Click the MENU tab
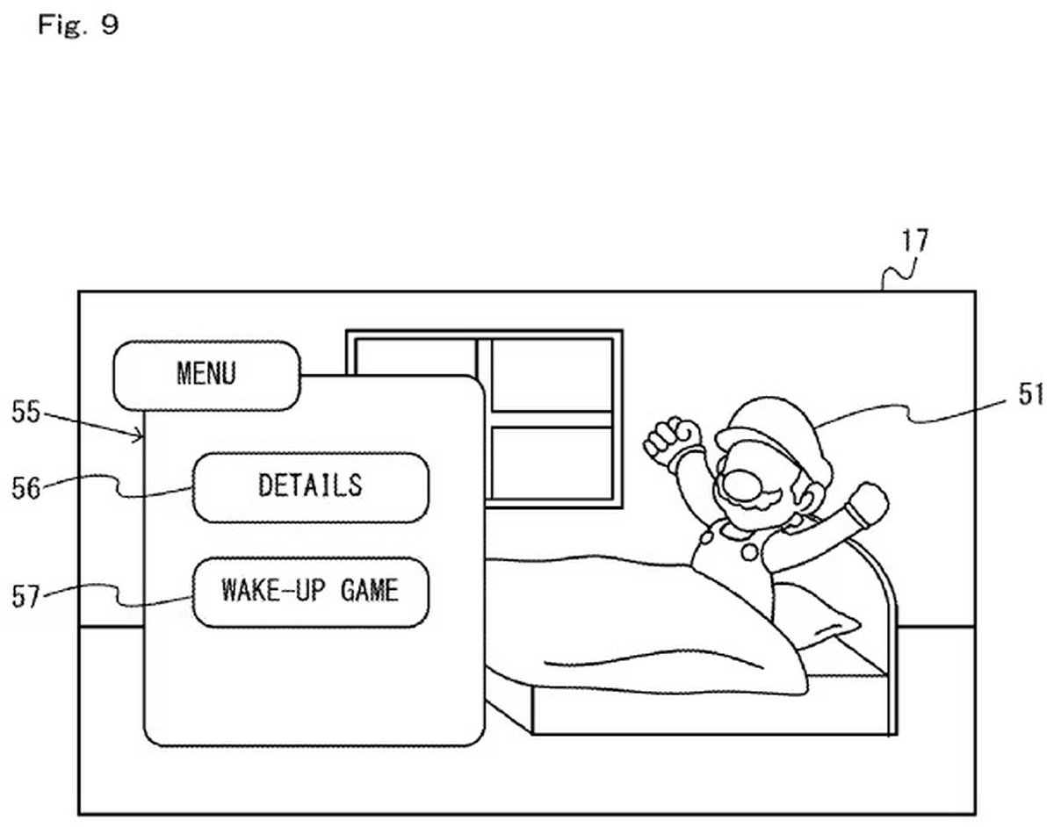coord(206,375)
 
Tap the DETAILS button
coord(310,485)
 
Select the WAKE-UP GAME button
coord(310,590)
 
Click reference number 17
coord(914,241)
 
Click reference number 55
coord(26,412)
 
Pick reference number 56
coord(26,487)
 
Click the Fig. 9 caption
coord(77,25)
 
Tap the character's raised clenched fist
coord(673,436)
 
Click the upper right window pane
coord(552,374)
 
